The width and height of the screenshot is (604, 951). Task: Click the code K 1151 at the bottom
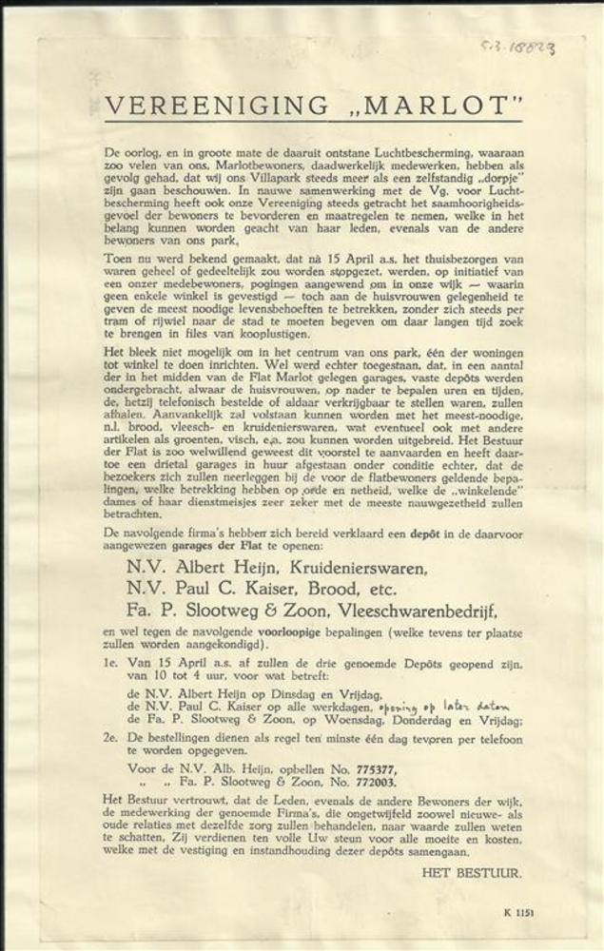[518, 911]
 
